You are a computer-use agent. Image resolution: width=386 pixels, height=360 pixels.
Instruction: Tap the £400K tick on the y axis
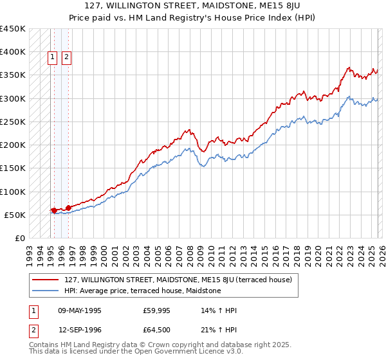click(13, 52)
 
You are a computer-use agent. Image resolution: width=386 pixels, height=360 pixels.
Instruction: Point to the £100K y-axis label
click(13, 192)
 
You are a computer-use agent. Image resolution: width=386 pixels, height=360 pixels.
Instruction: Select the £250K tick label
click(13, 122)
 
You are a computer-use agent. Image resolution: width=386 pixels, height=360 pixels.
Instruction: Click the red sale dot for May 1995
click(53, 210)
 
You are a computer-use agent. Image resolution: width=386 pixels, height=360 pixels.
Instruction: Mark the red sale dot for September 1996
click(68, 208)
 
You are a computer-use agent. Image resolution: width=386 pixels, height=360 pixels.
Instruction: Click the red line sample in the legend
click(47, 280)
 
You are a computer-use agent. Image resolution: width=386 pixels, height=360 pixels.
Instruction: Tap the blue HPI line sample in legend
click(47, 291)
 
